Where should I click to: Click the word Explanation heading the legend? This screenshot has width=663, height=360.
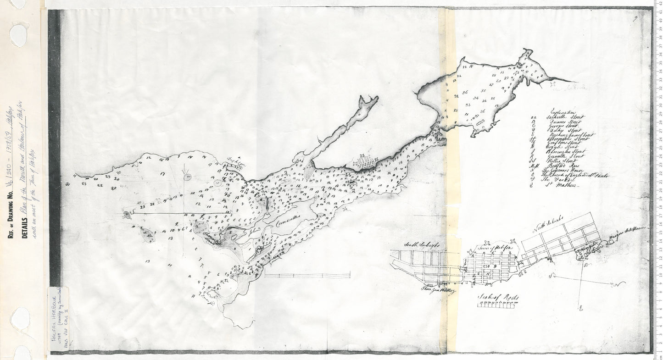(562, 111)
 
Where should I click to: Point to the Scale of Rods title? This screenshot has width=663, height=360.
(498, 296)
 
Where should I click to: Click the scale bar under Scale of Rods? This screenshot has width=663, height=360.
(498, 305)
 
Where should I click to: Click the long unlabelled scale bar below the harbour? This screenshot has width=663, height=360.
(307, 275)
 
